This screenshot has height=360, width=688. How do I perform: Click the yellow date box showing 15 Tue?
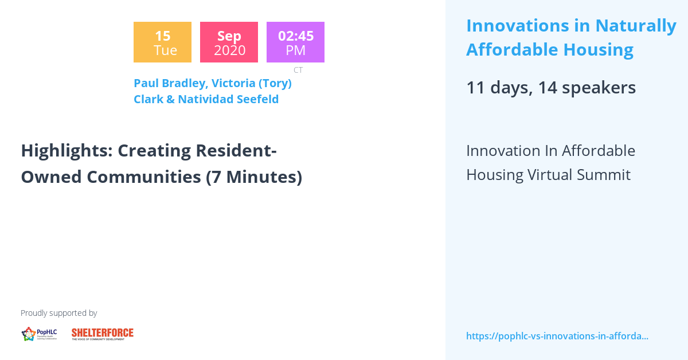pos(162,42)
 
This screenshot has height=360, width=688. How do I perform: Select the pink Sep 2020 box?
pos(229,42)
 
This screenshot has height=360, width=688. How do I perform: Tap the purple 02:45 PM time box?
pos(295,42)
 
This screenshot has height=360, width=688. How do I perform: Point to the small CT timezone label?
pos(298,70)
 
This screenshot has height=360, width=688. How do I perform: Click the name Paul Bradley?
pos(169,83)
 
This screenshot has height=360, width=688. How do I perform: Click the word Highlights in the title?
pos(66,151)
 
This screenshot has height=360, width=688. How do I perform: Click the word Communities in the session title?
pos(144,177)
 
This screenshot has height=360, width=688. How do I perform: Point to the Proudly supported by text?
pos(58,313)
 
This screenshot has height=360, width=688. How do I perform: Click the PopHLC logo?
pos(39,334)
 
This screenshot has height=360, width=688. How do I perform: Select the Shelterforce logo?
pos(103,334)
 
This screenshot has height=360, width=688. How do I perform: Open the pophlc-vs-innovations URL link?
pos(557,336)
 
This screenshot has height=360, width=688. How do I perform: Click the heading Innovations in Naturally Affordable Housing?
pos(571,37)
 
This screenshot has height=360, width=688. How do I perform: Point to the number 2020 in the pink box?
pos(229,50)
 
